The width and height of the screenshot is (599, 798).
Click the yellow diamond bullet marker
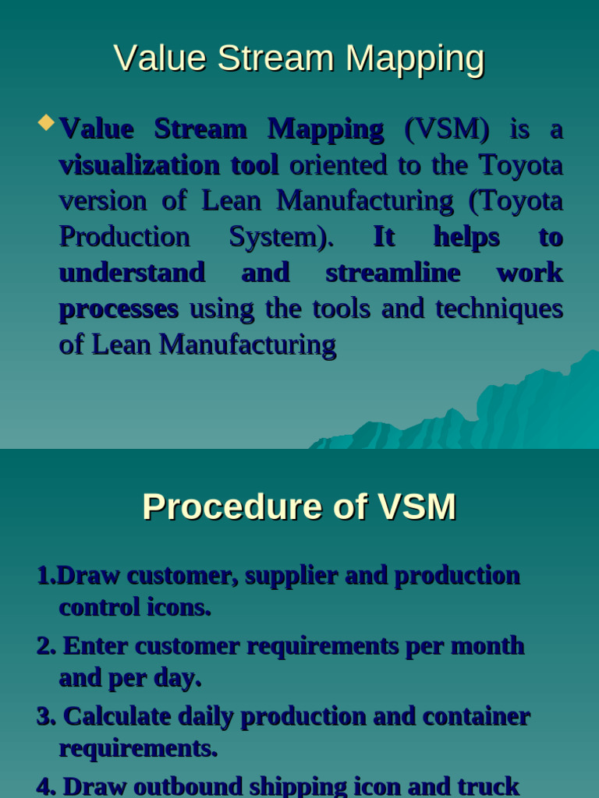pyautogui.click(x=46, y=122)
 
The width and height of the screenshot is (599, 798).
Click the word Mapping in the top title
pyautogui.click(x=416, y=58)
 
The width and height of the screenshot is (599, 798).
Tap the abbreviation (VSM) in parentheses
pyautogui.click(x=447, y=129)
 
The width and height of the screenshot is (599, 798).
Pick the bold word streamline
pyautogui.click(x=392, y=273)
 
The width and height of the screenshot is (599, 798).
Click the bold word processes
pyautogui.click(x=119, y=309)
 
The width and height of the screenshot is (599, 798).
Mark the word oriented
pyautogui.click(x=338, y=165)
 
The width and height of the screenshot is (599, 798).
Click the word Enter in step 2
pyautogui.click(x=96, y=646)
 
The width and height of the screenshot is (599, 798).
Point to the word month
pyautogui.click(x=487, y=646)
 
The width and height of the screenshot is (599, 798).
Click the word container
pyautogui.click(x=477, y=716)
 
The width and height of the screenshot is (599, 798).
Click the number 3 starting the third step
pyautogui.click(x=42, y=716)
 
